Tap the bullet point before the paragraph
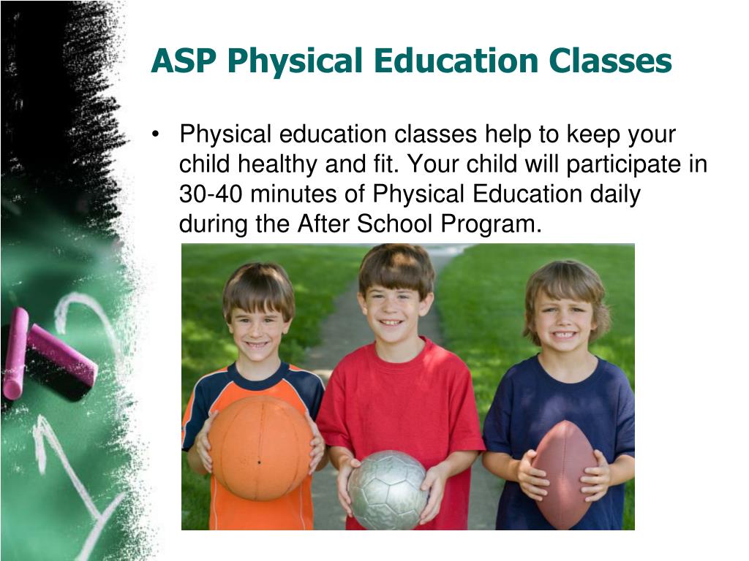pos(155,134)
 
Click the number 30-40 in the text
pos(211,194)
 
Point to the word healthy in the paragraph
pos(277,164)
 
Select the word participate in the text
pos(623,164)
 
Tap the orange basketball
pos(261,447)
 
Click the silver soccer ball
pos(388,490)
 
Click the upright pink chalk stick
pos(15,353)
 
